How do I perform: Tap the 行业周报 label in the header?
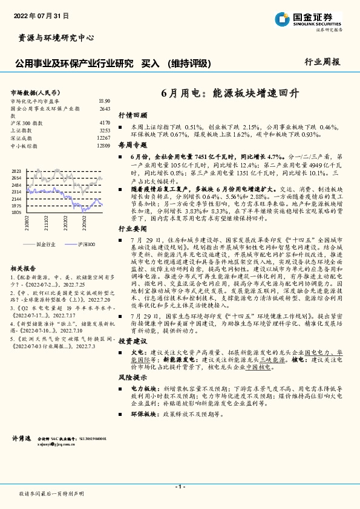(322, 62)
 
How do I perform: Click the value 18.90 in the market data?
(104, 101)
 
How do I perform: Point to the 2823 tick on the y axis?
(17, 172)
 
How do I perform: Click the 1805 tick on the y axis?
(17, 213)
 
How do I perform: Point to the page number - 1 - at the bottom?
(179, 487)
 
